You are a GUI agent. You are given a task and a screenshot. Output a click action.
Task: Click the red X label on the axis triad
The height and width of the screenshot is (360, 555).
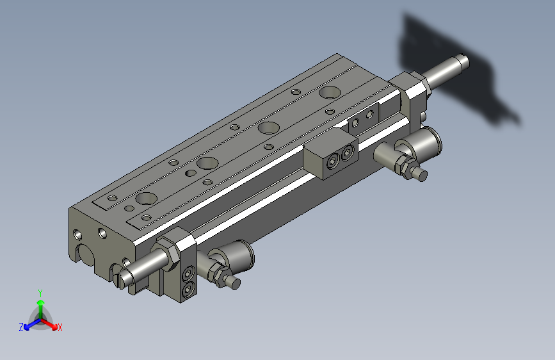click(x=60, y=327)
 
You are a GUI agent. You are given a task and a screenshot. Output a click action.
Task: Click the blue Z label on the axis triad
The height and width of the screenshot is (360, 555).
click(x=21, y=327)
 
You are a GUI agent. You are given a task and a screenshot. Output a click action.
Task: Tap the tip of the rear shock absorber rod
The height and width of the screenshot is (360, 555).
click(x=463, y=61)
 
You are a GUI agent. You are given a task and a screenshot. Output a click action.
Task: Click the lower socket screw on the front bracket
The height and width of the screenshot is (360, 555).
click(x=188, y=291)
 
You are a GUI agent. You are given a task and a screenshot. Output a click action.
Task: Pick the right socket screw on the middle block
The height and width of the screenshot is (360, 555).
click(x=347, y=154)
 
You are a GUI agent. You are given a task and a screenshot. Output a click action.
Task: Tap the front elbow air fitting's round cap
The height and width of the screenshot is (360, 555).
click(x=243, y=255)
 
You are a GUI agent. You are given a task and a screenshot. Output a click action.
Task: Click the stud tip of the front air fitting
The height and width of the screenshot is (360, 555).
click(x=235, y=283)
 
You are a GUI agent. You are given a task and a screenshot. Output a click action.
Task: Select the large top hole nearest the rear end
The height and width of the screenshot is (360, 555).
click(x=330, y=92)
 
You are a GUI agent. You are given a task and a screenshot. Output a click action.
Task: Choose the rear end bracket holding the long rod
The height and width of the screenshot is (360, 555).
click(x=414, y=96)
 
